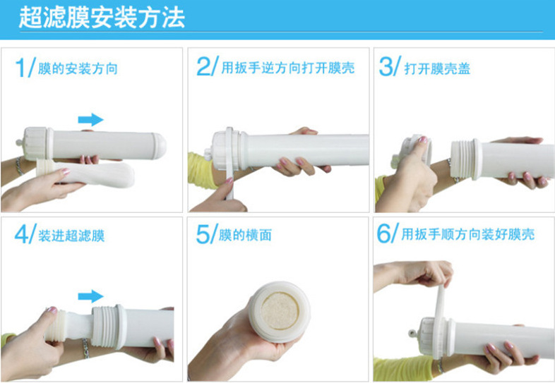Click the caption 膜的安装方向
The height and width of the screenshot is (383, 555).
tap(76, 69)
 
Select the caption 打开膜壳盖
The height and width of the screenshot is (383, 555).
tap(437, 69)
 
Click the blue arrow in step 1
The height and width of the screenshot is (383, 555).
tap(90, 119)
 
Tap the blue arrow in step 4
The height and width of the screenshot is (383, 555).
tap(90, 296)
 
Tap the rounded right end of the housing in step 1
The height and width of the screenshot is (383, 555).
tap(160, 145)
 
